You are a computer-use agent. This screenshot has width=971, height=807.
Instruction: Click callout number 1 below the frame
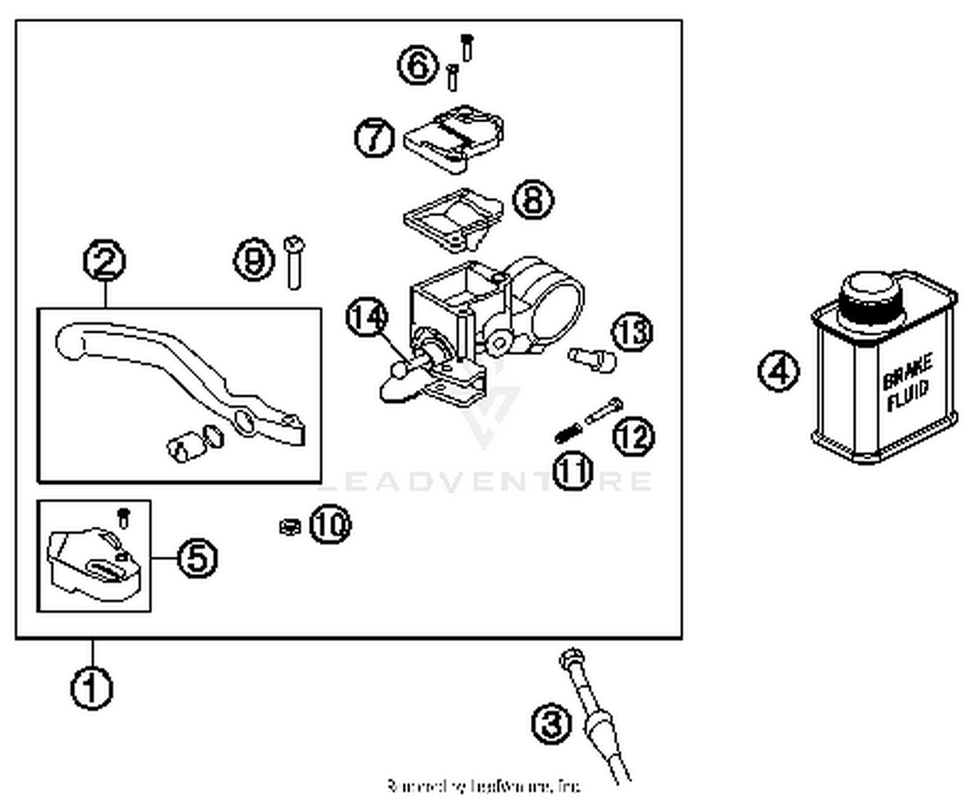click(91, 688)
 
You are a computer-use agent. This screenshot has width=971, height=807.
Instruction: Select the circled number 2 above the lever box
click(105, 260)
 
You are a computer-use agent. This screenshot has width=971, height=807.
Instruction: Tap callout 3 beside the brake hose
click(552, 724)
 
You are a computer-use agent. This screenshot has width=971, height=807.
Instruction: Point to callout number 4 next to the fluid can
click(778, 371)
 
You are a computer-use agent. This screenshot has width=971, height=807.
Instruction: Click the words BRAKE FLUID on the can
click(908, 382)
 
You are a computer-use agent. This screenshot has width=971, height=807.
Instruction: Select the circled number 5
click(197, 558)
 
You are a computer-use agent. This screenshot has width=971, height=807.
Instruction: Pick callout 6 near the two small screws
click(417, 65)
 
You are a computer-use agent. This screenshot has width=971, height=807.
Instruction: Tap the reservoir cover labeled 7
click(453, 137)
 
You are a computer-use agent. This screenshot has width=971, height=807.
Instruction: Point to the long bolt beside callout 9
click(295, 262)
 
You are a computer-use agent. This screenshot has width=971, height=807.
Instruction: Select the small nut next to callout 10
click(289, 527)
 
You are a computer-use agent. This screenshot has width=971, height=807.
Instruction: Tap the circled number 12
click(634, 436)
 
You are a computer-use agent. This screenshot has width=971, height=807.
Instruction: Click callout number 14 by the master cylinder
click(367, 317)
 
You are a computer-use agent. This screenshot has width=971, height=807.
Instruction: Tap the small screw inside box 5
click(124, 517)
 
